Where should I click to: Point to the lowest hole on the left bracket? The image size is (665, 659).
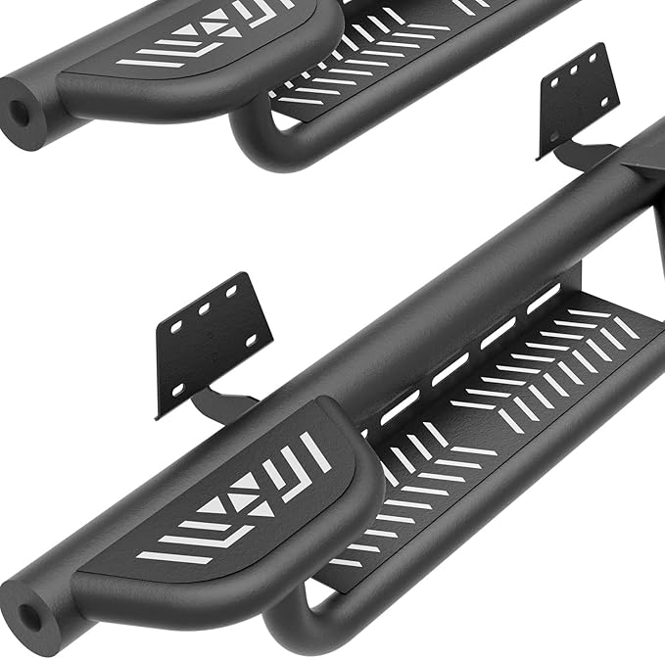coord(178,389)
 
